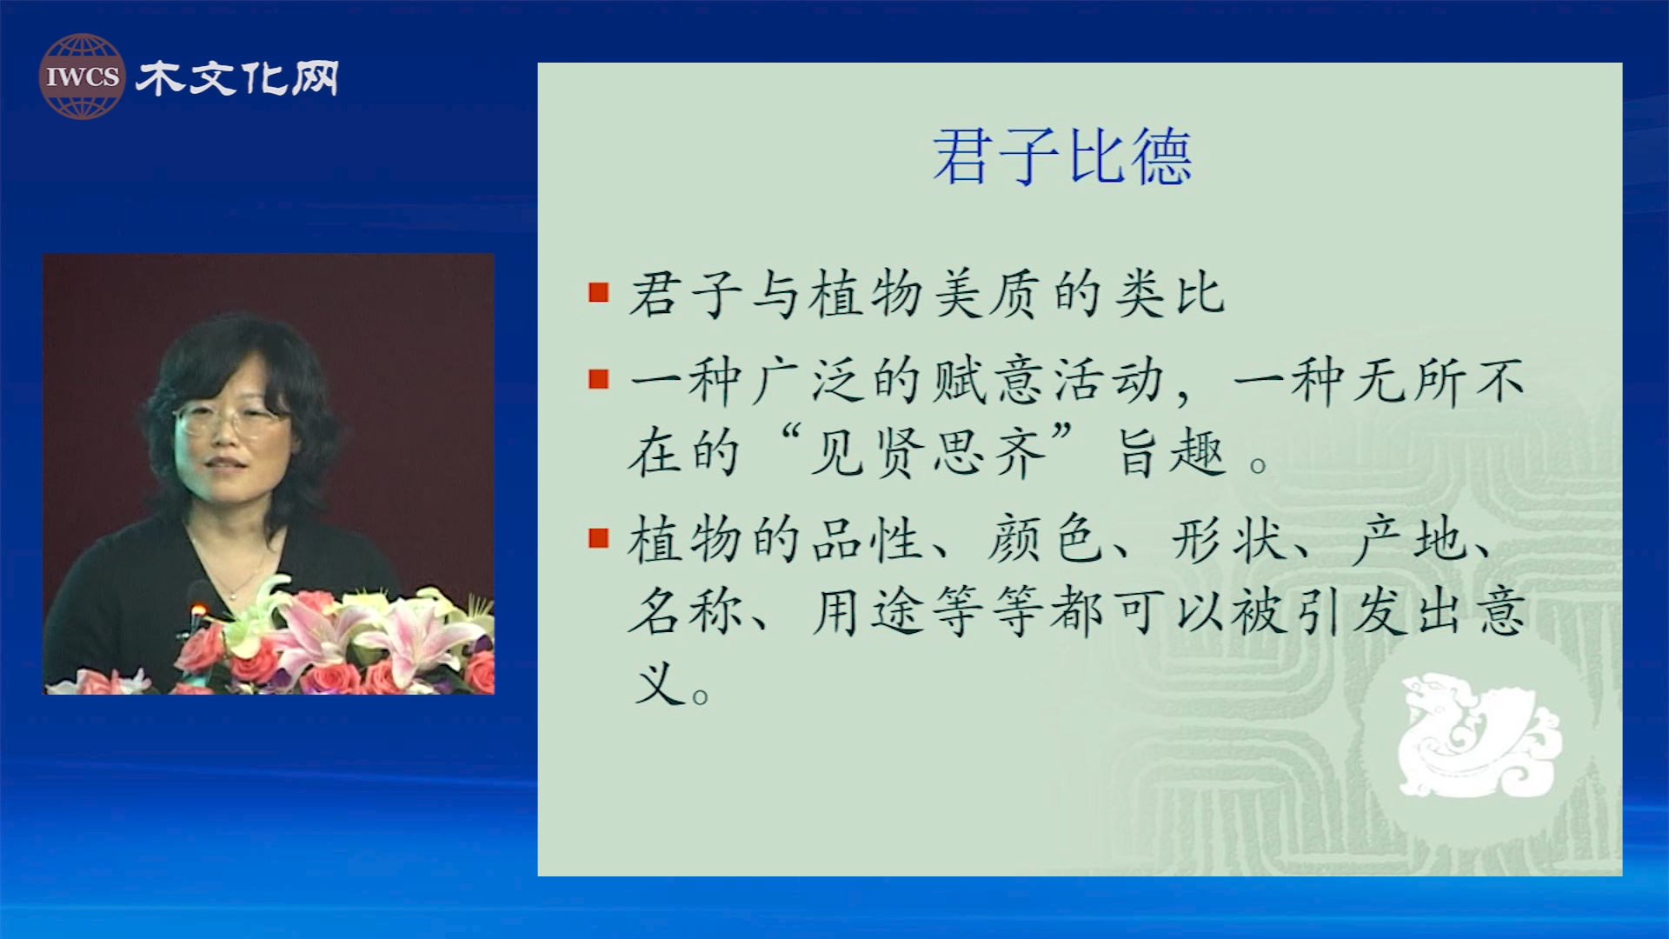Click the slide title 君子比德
[x=1061, y=156]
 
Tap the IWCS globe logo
[x=82, y=77]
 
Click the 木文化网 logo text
[x=237, y=78]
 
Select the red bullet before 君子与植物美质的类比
[x=598, y=292]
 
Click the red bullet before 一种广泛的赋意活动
[x=598, y=379]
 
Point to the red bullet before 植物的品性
[x=598, y=538]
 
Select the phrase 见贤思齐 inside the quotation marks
[x=927, y=452]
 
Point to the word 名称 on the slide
[x=685, y=611]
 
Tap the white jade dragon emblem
[x=1479, y=736]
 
